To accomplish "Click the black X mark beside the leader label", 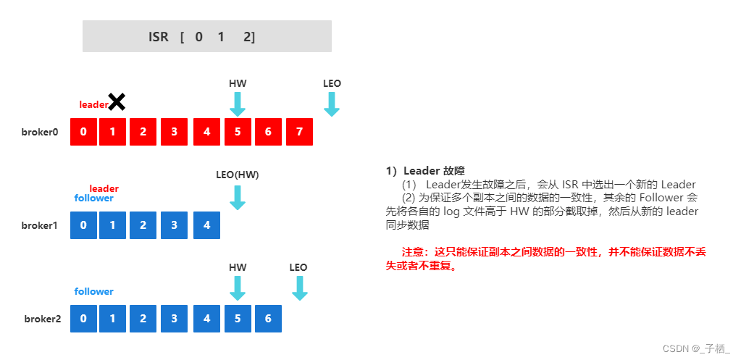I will click(x=116, y=102).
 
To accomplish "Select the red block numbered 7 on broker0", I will click(x=299, y=132).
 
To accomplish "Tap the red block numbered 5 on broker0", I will click(x=238, y=132).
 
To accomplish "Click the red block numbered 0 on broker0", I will click(x=83, y=132).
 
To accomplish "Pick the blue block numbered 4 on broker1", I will click(x=206, y=225).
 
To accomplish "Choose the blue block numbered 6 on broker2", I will click(x=268, y=319).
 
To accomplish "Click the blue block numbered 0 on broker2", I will click(x=83, y=319).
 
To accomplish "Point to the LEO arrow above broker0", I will click(x=332, y=104).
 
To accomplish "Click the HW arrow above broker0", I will click(x=238, y=104).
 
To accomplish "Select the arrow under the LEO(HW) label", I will click(x=238, y=197).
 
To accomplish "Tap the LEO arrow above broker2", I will click(x=299, y=288).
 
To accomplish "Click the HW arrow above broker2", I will click(x=238, y=288).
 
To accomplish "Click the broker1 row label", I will click(x=39, y=225).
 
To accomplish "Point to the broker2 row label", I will click(x=42, y=319).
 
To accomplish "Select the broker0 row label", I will click(x=39, y=132).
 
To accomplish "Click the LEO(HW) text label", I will click(x=238, y=175).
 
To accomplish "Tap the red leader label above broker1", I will click(x=104, y=188).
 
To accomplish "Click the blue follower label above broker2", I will click(x=93, y=291).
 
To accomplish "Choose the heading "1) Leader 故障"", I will click(x=425, y=172).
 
